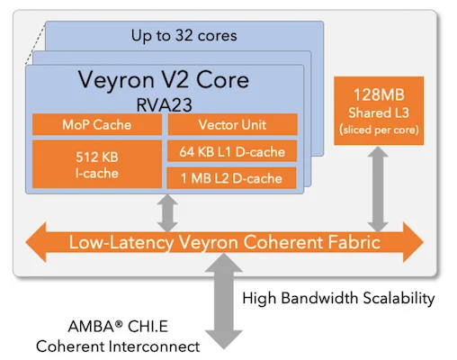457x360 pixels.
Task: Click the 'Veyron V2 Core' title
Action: point(165,80)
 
